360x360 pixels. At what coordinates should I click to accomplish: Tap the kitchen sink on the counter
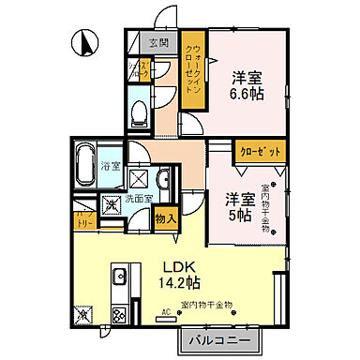pyautogui.click(x=119, y=276)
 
